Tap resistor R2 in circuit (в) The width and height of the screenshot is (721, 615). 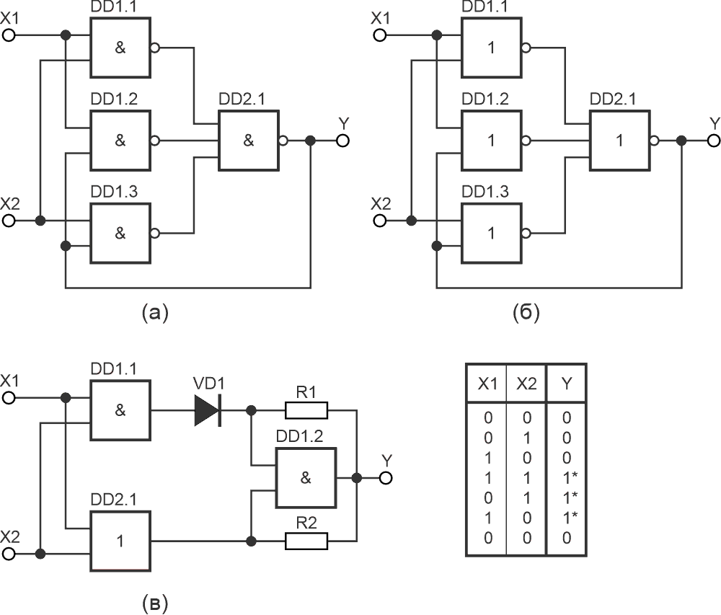(x=306, y=540)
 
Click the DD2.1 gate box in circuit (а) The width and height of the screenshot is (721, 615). (x=249, y=141)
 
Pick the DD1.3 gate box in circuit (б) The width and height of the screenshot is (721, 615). (x=492, y=234)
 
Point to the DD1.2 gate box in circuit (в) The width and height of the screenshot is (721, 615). (x=305, y=478)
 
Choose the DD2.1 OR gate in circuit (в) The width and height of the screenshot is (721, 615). (x=120, y=540)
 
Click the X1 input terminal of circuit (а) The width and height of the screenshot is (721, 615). (x=9, y=35)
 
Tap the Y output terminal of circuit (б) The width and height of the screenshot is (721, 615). (x=714, y=141)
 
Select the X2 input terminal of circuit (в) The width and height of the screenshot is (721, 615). (x=9, y=554)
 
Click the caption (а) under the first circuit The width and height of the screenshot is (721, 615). (x=155, y=312)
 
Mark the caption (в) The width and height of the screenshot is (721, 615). (x=155, y=601)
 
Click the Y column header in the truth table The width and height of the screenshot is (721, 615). (x=566, y=384)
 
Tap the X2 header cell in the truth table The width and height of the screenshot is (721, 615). (x=526, y=384)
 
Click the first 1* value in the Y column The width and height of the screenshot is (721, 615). (x=567, y=477)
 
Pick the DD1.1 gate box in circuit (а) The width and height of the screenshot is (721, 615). (x=120, y=48)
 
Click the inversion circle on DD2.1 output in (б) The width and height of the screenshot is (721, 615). (x=654, y=141)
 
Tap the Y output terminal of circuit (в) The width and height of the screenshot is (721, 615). (x=386, y=477)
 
